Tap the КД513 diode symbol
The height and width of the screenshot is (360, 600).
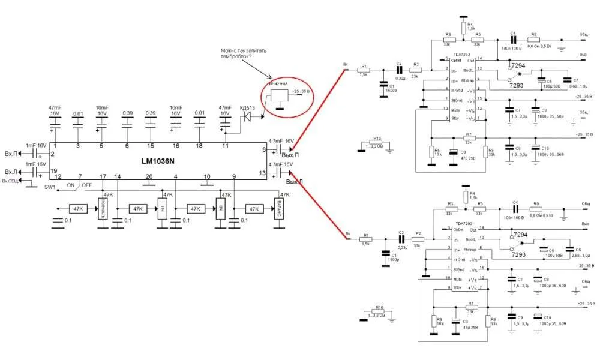[x=245, y=118]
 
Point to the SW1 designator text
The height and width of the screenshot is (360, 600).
[x=50, y=187]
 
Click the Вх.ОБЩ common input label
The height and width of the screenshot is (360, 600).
[x=13, y=181]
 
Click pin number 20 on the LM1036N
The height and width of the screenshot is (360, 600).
[x=149, y=176]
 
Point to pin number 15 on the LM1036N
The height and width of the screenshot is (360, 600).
[x=151, y=146]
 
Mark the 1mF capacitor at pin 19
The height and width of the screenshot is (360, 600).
[x=35, y=172]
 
